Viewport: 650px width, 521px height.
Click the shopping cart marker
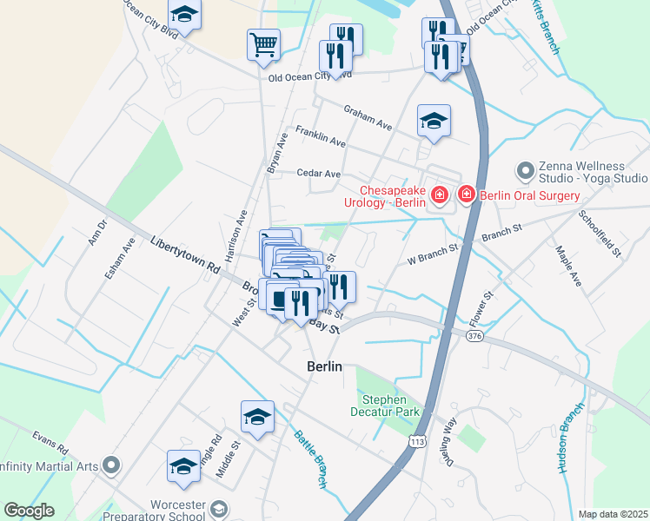(263, 44)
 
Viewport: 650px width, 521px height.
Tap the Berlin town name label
(325, 366)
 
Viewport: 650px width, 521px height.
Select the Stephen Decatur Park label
(391, 405)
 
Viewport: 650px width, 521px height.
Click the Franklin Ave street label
(321, 136)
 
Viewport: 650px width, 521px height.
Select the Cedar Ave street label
(318, 174)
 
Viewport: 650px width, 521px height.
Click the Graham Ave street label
(368, 118)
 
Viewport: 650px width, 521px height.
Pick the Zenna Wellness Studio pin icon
(524, 169)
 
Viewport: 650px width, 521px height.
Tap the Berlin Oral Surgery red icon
(467, 195)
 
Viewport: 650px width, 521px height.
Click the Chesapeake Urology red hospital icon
(440, 195)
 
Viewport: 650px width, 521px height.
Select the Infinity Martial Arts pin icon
(110, 466)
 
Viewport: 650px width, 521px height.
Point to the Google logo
(30, 511)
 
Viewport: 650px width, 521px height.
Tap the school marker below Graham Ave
(434, 121)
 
